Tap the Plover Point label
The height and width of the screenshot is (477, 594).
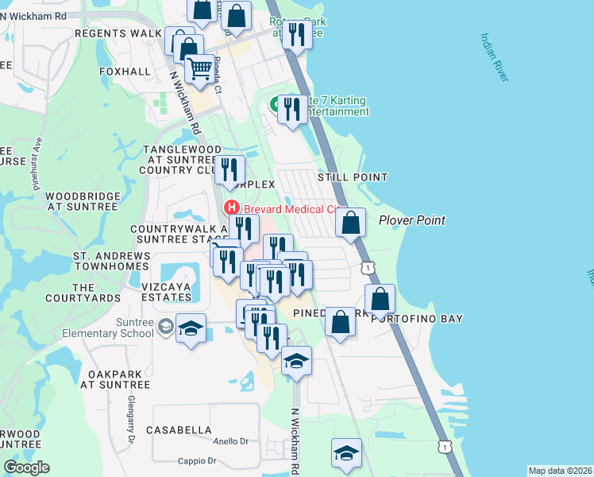pos(411,220)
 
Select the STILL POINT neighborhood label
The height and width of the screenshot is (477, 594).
pos(353,177)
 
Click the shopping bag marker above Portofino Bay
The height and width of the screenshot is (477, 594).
pos(380,300)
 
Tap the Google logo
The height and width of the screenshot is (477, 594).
pos(26,467)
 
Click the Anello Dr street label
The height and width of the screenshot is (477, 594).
pos(231,441)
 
